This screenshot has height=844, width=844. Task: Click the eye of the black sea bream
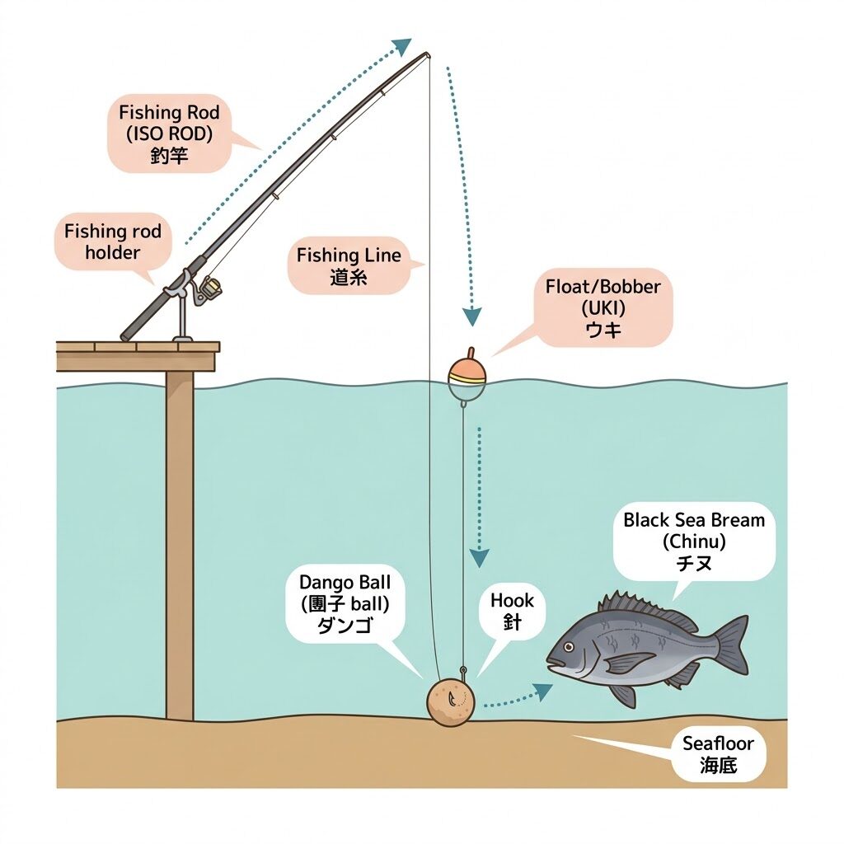click(x=567, y=646)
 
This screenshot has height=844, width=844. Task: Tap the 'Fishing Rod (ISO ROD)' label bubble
click(x=170, y=134)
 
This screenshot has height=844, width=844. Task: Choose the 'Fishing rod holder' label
click(x=112, y=241)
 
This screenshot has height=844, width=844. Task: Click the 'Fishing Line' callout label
click(x=349, y=266)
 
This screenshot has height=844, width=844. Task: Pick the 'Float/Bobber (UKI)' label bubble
click(x=603, y=307)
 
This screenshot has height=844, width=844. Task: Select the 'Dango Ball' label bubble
click(x=345, y=603)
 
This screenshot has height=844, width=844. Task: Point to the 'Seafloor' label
click(x=718, y=754)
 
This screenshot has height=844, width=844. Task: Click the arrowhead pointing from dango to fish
click(x=543, y=690)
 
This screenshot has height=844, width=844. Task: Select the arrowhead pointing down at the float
click(x=472, y=317)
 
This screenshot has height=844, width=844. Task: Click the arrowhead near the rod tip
click(x=402, y=46)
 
